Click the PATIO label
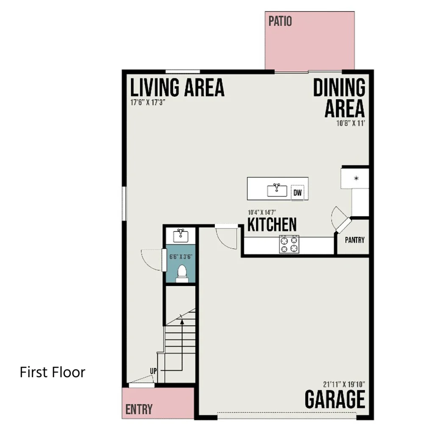tap(280, 21)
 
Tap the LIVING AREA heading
tap(177, 87)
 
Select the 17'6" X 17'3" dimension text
tap(148, 103)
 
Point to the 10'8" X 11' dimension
tap(351, 123)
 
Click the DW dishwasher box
tap(298, 192)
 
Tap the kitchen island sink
tap(277, 190)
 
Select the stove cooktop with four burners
tap(289, 244)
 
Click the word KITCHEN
tap(272, 225)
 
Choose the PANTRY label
tap(355, 240)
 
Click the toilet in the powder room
tap(182, 274)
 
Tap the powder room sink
tap(181, 236)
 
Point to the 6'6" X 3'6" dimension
tap(181, 256)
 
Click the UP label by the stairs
tap(153, 371)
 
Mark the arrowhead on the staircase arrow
tap(182, 322)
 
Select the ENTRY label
tap(139, 409)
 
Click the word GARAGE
tap(335, 399)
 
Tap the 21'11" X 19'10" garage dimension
tap(344, 384)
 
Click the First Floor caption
tap(53, 372)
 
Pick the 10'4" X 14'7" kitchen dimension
tap(262, 212)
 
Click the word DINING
tap(339, 87)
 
